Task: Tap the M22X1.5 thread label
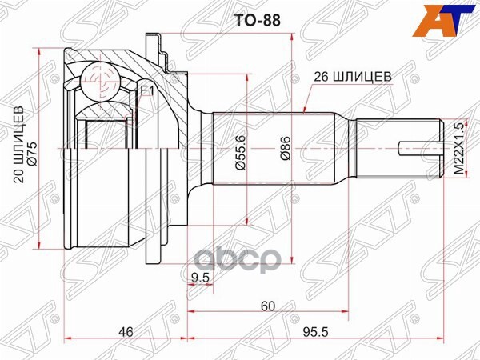point(458,149)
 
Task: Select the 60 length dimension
point(268,305)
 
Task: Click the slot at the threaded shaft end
point(416,146)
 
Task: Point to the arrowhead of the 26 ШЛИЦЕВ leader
point(307,110)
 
